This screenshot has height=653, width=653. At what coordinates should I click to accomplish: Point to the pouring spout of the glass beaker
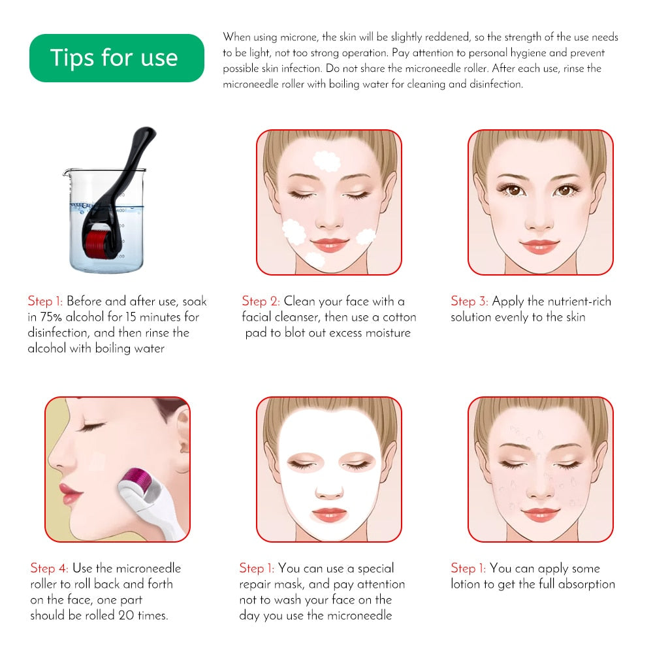(x=66, y=173)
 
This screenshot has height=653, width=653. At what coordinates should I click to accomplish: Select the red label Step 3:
(x=470, y=301)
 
